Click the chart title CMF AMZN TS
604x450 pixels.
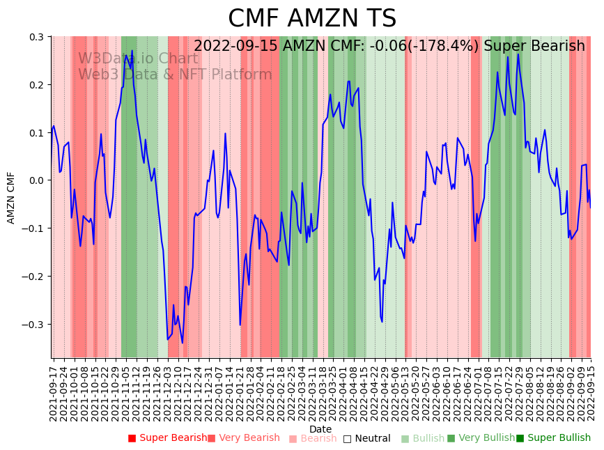pyautogui.click(x=312, y=19)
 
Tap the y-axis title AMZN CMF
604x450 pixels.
pyautogui.click(x=11, y=197)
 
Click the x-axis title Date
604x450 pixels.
pyautogui.click(x=320, y=429)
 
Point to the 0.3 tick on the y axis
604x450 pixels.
pyautogui.click(x=36, y=37)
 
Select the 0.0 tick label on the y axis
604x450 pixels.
pyautogui.click(x=36, y=180)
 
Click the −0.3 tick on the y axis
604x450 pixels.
pyautogui.click(x=34, y=325)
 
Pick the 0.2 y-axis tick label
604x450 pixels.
pyautogui.click(x=36, y=85)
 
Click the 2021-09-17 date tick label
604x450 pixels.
pyautogui.click(x=54, y=390)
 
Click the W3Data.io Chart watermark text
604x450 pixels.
pyautogui.click(x=138, y=59)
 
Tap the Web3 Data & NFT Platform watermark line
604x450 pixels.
pyautogui.click(x=175, y=75)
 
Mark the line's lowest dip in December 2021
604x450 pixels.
pyautogui.click(x=183, y=343)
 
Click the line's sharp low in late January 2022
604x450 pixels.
pyautogui.click(x=240, y=325)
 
